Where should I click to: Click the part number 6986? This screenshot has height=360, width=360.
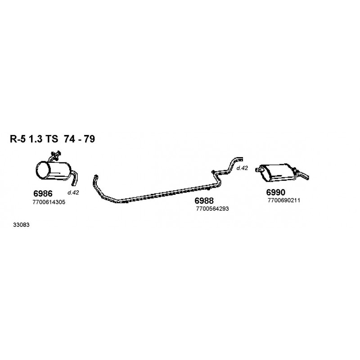point(43,193)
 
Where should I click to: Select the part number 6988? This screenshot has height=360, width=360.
point(204,201)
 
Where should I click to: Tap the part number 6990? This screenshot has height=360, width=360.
point(275,192)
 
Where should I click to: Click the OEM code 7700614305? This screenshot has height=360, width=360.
point(49,202)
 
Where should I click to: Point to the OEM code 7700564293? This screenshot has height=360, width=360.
point(212,209)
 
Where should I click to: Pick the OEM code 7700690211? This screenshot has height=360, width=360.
point(284,200)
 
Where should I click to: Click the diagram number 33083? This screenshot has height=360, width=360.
point(21,225)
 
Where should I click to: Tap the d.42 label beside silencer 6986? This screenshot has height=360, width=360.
point(73,193)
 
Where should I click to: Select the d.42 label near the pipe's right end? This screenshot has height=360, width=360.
point(242,168)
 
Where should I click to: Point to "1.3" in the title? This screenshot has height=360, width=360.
point(36,139)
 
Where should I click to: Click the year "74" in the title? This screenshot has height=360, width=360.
point(69,139)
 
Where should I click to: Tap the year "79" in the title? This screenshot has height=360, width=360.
point(89,139)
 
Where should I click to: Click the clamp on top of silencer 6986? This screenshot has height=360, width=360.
point(56,154)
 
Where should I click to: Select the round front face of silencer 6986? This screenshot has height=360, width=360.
point(43,171)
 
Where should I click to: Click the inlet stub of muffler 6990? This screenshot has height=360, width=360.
point(258,170)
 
